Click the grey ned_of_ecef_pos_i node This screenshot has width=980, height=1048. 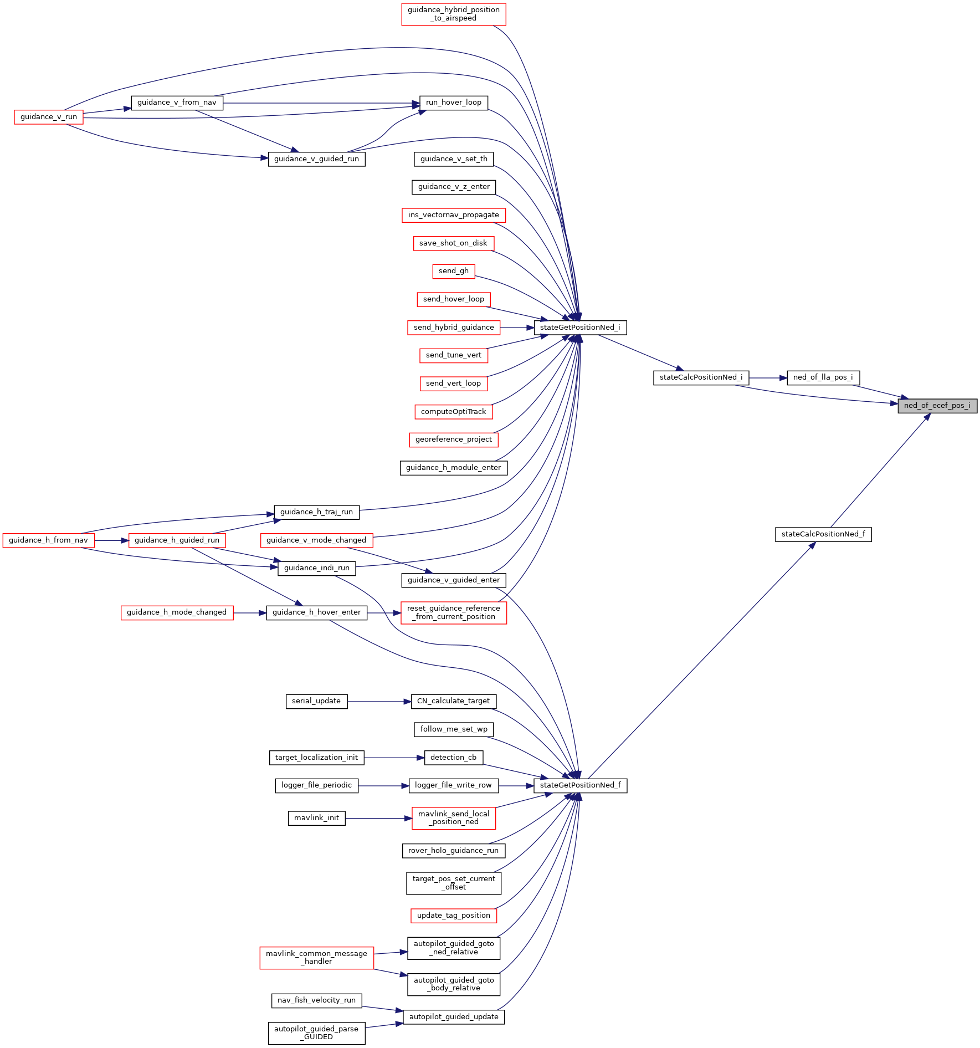point(937,406)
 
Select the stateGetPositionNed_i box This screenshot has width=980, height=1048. point(580,328)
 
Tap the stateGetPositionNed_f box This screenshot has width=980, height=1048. point(580,785)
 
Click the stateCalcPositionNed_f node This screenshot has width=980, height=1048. point(823,534)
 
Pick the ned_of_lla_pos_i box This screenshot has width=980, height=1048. point(823,377)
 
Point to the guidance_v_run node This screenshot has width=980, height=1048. point(49,117)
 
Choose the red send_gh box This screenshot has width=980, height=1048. point(453,271)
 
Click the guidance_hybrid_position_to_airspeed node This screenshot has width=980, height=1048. point(453,14)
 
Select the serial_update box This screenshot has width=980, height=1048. point(316,701)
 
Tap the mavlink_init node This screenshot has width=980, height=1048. point(316,818)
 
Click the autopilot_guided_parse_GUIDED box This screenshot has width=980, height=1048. point(316,1033)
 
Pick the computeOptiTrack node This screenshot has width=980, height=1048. point(453,412)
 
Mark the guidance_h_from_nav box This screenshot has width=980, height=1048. point(48,540)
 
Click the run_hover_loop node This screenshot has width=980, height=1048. point(453,103)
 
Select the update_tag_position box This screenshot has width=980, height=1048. point(453,916)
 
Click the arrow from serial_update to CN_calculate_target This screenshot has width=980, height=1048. point(379,702)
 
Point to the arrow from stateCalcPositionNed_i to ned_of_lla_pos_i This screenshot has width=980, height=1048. point(768,378)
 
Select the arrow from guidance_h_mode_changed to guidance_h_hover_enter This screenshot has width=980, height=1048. point(250,613)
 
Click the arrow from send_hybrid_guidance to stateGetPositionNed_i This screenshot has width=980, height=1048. point(517,328)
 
